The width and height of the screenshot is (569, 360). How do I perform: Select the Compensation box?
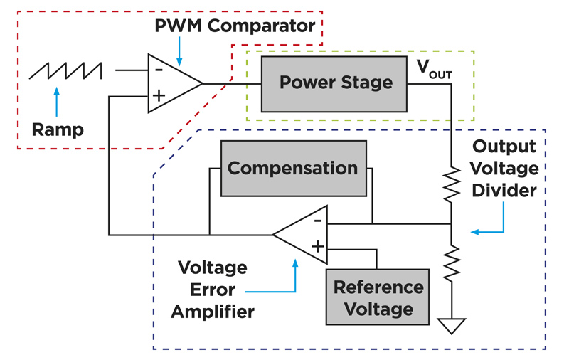tap(292, 169)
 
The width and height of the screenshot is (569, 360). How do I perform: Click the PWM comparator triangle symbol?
tap(171, 83)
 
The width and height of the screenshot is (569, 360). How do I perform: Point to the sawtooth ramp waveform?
tap(65, 71)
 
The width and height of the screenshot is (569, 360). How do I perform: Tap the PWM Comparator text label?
tap(235, 28)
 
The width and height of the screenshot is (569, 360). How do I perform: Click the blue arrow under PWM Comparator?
tap(179, 48)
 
